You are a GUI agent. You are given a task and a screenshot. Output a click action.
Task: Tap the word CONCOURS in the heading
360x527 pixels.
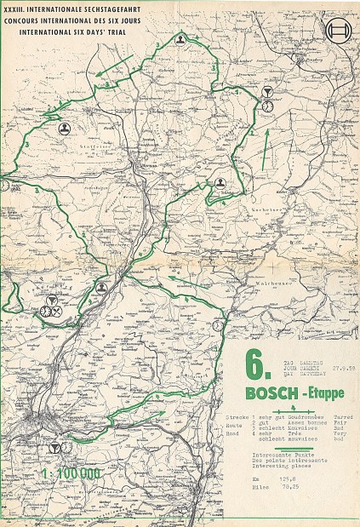22,18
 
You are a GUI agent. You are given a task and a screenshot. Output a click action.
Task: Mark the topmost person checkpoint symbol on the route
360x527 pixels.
180,63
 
